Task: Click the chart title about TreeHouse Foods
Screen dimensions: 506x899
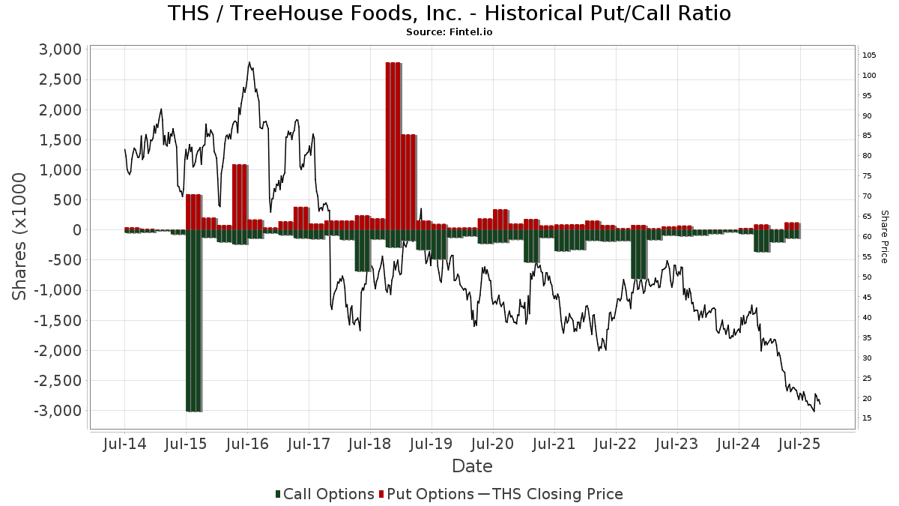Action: pos(449,13)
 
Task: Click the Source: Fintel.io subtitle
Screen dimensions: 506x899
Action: pos(449,32)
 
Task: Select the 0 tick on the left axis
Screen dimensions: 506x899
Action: pos(75,230)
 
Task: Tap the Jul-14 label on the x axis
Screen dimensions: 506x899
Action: pos(124,444)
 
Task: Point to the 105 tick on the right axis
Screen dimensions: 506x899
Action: pos(870,55)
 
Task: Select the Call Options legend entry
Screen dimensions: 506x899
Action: pos(325,494)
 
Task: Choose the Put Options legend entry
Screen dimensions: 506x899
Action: pos(427,494)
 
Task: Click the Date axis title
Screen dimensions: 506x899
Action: pos(472,466)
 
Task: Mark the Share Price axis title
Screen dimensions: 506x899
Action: pos(884,236)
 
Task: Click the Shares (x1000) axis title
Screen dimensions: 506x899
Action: pos(20,236)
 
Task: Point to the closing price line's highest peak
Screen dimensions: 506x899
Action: pos(249,62)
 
